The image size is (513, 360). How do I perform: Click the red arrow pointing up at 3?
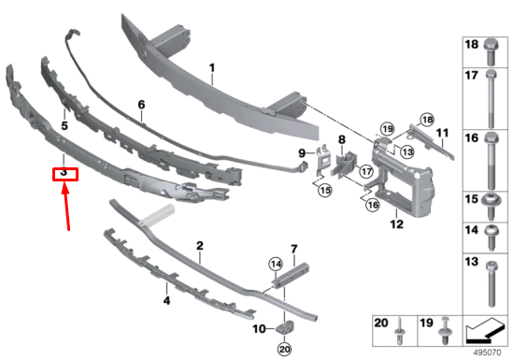coord(66,207)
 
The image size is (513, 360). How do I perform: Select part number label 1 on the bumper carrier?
coord(212,68)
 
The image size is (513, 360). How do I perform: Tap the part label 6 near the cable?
coord(141,105)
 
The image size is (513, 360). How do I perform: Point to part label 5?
coord(64,125)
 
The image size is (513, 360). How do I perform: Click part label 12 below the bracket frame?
coord(396,224)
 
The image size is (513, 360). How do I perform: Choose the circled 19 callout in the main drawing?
coord(388,129)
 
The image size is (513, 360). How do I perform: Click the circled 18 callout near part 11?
coord(427,120)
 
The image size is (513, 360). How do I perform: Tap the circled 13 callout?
coord(406,151)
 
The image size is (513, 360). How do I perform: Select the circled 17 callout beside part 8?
coord(365,171)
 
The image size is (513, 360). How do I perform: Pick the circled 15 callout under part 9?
coord(325,191)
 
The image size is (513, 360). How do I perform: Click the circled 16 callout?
coord(373,205)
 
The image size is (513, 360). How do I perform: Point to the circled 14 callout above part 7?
coord(276,265)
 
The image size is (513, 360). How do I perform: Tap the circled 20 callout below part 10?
coord(284,350)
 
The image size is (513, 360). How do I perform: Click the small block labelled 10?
coord(285,328)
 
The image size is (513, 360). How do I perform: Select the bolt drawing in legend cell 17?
coord(491,98)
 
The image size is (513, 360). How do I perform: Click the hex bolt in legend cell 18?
coord(491,52)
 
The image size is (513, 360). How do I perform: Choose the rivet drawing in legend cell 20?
coord(401,331)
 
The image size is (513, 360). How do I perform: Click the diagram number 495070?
coord(487,353)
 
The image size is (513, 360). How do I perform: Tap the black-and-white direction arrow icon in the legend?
coord(485,330)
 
